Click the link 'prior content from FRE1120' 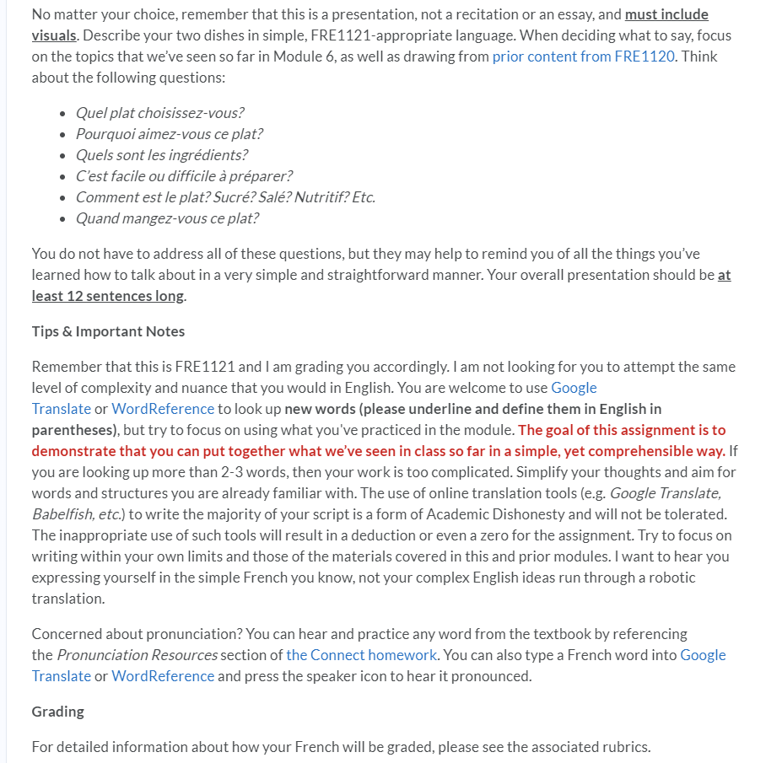(583, 56)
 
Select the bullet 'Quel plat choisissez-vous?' (159, 113)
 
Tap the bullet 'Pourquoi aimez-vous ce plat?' (169, 134)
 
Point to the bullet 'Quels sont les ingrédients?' (161, 155)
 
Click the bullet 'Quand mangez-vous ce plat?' (167, 218)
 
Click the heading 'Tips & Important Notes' (108, 331)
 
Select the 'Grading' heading (57, 712)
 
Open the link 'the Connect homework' (361, 655)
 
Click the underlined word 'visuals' (53, 35)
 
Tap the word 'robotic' (671, 577)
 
